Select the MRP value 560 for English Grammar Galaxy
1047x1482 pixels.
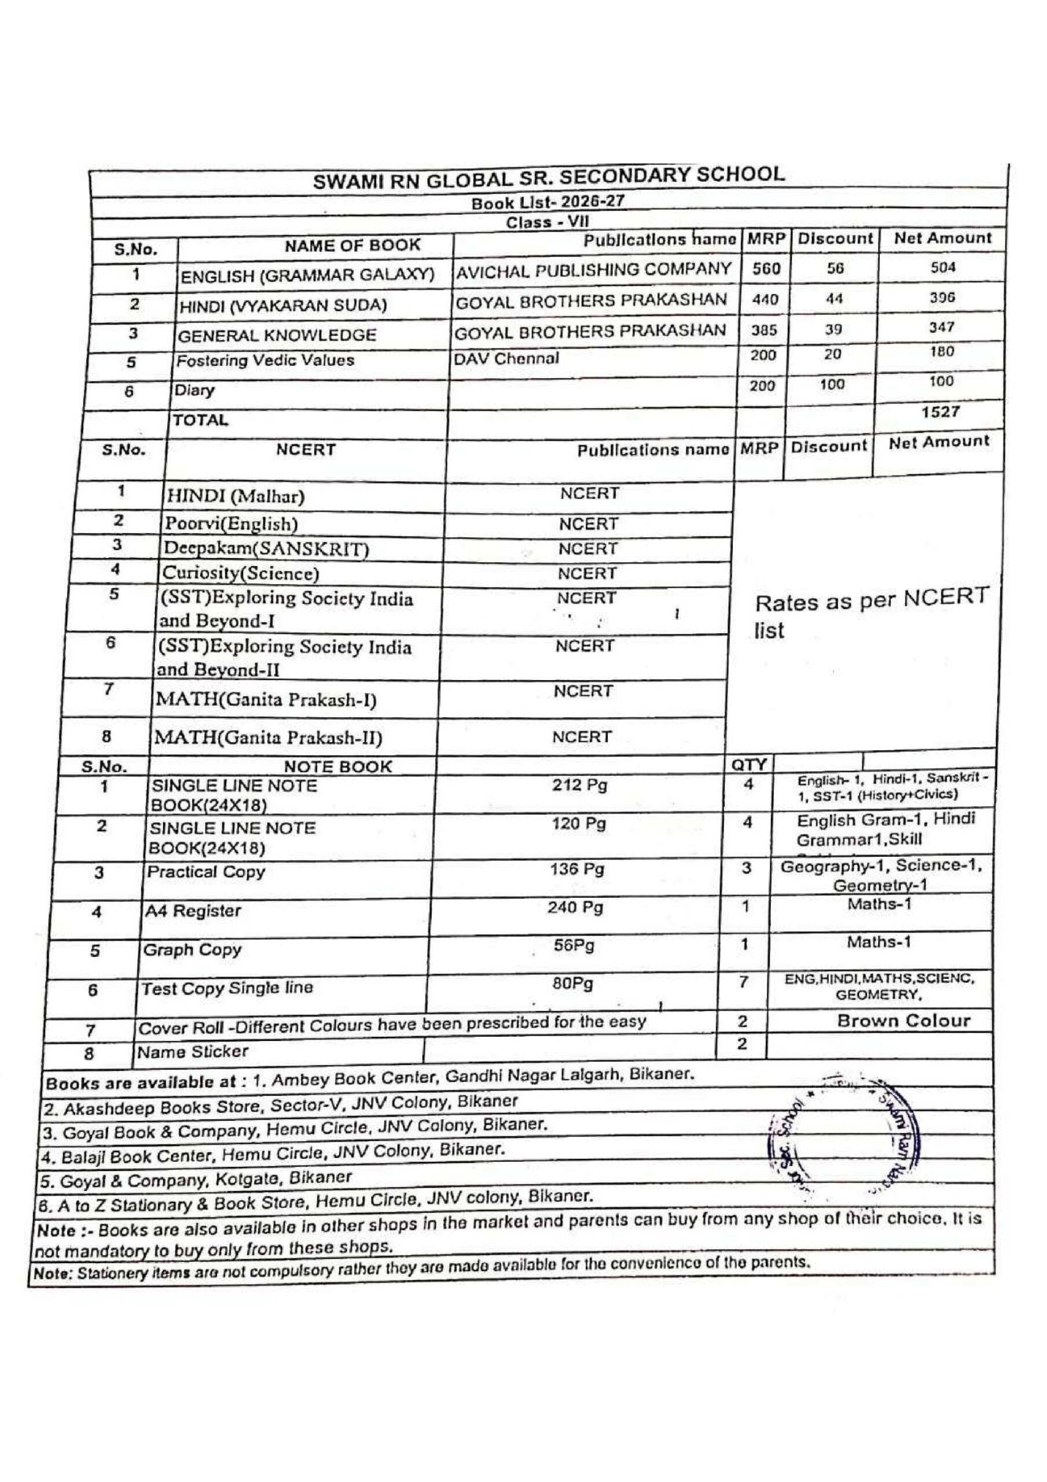(x=766, y=269)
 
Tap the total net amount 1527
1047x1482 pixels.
(x=941, y=412)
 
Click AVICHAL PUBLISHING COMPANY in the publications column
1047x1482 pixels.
(x=593, y=270)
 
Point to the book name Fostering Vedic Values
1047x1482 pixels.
(x=265, y=360)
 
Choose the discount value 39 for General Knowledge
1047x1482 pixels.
(x=833, y=329)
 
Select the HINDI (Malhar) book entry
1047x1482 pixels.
(x=236, y=496)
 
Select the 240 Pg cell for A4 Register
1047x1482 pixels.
(x=575, y=908)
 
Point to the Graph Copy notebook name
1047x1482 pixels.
(x=192, y=950)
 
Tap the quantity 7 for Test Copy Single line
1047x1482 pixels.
(x=744, y=982)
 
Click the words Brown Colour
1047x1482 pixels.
(x=903, y=1021)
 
